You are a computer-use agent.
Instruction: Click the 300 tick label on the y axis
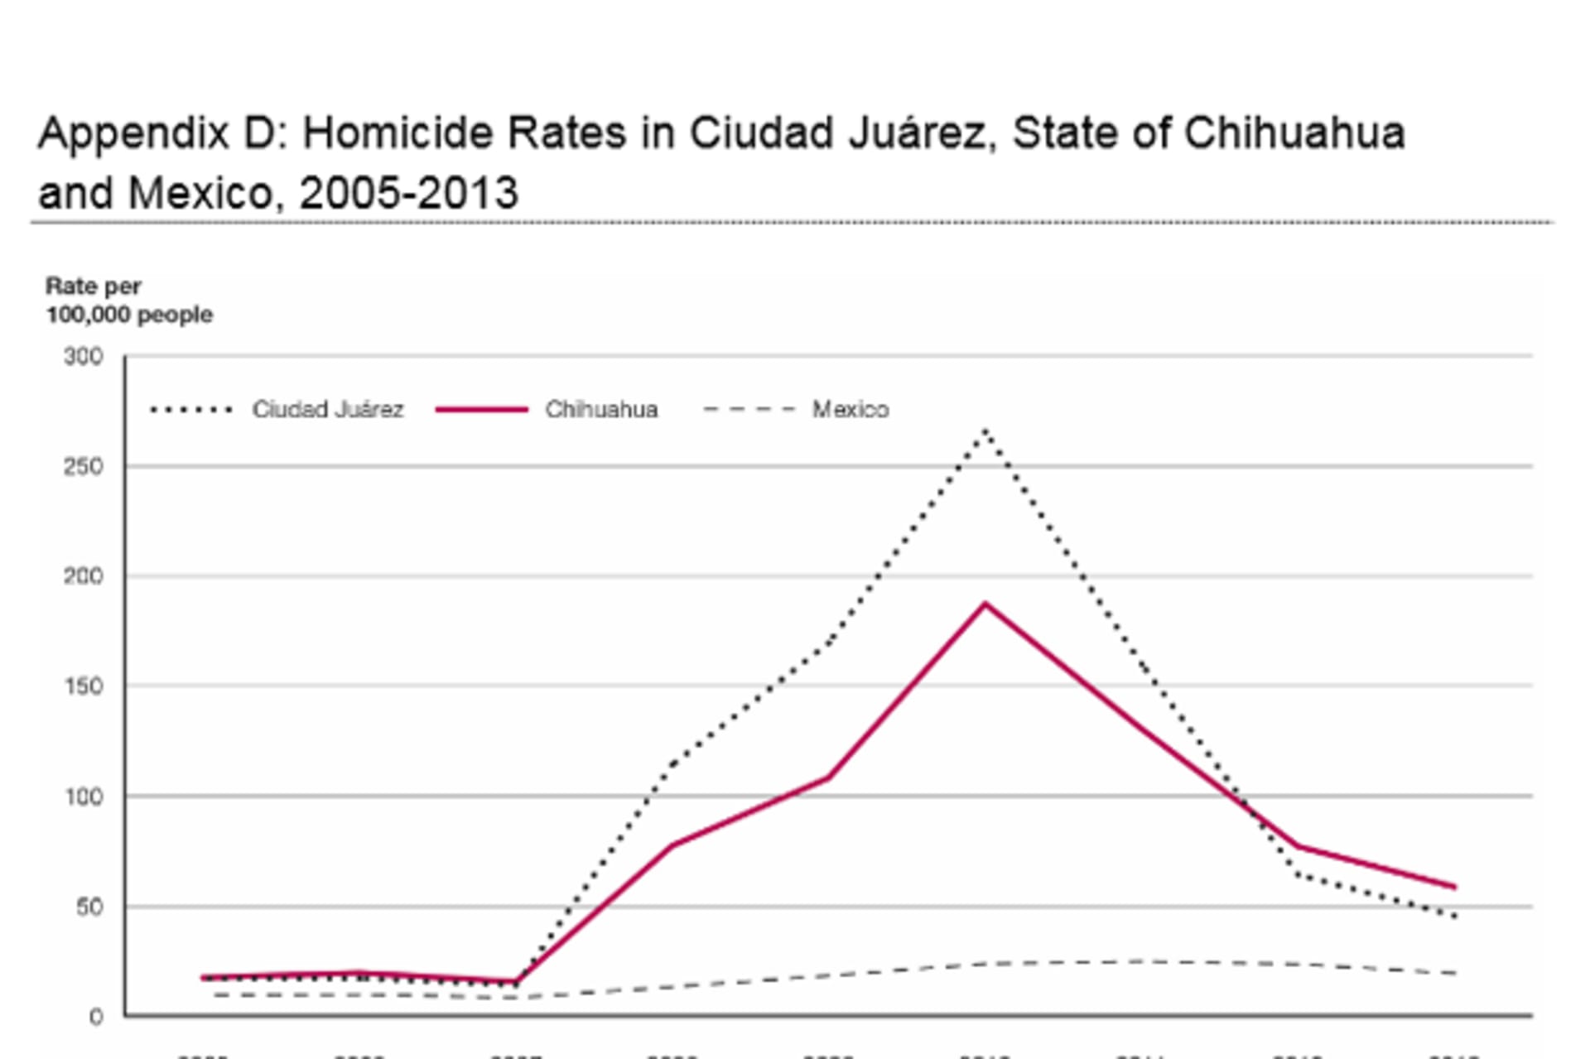coord(84,357)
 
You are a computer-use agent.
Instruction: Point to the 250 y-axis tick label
coord(84,467)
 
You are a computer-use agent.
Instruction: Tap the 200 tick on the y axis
coord(84,576)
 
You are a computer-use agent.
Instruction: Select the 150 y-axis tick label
coord(84,686)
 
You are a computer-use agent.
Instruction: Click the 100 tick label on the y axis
coord(84,797)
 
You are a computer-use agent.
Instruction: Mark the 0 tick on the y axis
coord(96,1017)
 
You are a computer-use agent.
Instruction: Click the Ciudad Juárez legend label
coord(328,409)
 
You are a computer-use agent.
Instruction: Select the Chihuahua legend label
coord(601,409)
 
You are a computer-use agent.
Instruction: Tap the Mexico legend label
coord(850,409)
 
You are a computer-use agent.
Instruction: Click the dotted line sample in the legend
coord(191,409)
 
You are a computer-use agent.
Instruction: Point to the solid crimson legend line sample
coord(481,409)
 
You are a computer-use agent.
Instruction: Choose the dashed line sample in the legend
coord(749,409)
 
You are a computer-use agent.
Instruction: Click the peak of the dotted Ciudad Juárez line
coord(985,430)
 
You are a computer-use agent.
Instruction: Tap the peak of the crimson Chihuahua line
coord(985,604)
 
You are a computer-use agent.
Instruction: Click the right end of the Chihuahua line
coord(1454,887)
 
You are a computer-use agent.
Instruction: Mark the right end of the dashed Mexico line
coord(1454,973)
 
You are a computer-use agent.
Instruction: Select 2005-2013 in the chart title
coord(408,193)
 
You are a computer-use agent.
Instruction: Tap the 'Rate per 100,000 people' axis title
coord(128,301)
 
